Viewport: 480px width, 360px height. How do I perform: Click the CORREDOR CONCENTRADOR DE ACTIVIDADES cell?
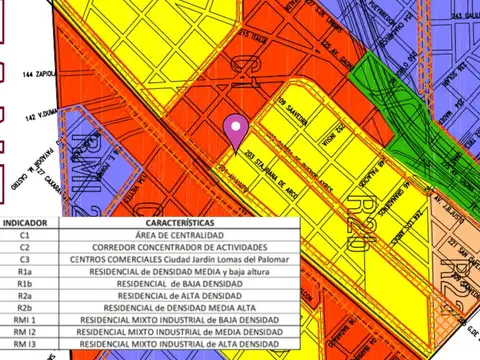[178, 247]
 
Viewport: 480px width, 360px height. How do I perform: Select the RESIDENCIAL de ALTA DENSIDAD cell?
[178, 295]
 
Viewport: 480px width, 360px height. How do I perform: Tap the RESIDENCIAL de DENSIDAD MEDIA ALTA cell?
[178, 307]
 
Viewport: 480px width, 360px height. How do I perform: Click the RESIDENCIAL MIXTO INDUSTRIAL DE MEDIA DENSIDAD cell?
[178, 331]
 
